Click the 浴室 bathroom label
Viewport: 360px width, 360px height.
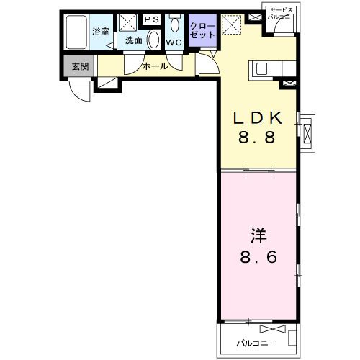101,32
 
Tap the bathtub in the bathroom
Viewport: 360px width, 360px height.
76,32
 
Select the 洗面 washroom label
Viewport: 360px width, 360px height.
134,40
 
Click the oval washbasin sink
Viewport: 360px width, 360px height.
153,40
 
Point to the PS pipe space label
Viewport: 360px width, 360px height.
152,19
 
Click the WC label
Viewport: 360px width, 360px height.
174,42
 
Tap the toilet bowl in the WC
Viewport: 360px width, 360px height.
174,25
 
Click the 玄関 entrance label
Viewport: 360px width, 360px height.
81,66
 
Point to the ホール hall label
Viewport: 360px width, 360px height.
156,66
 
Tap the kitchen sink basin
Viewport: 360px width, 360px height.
261,68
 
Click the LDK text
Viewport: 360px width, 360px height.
258,118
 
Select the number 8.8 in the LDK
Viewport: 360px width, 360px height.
257,138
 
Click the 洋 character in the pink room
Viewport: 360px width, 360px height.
258,235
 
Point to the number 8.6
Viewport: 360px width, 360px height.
258,257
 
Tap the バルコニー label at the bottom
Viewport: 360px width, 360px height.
256,343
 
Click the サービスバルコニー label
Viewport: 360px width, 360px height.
282,14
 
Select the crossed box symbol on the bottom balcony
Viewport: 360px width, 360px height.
273,329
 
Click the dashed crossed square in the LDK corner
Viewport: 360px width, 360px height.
231,24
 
